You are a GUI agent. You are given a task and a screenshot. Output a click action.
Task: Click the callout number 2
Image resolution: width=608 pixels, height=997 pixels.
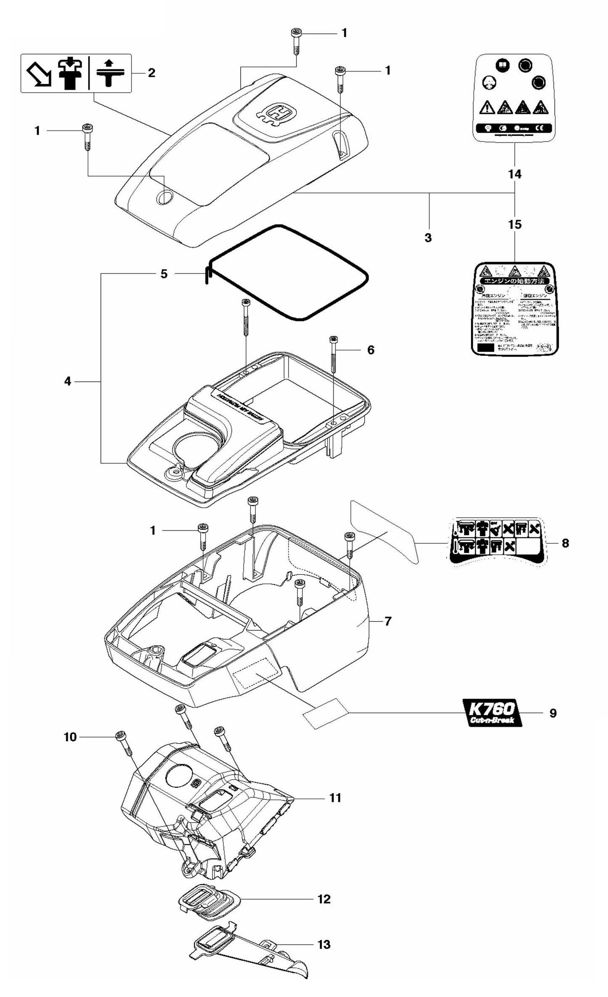pos(151,73)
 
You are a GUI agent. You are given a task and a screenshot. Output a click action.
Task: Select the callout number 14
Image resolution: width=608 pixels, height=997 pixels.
pos(515,174)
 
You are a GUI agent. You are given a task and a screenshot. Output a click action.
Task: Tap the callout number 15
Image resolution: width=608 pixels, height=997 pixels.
pos(515,225)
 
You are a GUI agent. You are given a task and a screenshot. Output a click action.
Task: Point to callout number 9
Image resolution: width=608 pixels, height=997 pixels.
pos(553,713)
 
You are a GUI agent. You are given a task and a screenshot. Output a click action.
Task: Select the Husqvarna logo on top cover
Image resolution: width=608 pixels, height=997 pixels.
pos(277,113)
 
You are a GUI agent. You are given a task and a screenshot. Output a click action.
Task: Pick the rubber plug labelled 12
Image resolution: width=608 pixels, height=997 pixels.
pos(209,902)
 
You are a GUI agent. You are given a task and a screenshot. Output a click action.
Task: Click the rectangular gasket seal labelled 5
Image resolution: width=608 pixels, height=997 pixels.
pos(290,273)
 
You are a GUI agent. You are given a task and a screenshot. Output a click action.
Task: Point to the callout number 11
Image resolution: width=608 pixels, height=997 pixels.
pos(335,798)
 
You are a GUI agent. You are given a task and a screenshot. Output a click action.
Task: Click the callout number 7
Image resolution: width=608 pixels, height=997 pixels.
pos(388,621)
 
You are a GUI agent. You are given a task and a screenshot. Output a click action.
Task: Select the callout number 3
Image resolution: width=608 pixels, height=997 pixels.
pos(428,238)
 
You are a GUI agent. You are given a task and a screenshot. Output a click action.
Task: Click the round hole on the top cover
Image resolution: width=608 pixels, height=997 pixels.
pos(165,196)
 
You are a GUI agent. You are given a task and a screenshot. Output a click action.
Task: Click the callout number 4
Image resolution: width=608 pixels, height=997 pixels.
pos(68,382)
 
